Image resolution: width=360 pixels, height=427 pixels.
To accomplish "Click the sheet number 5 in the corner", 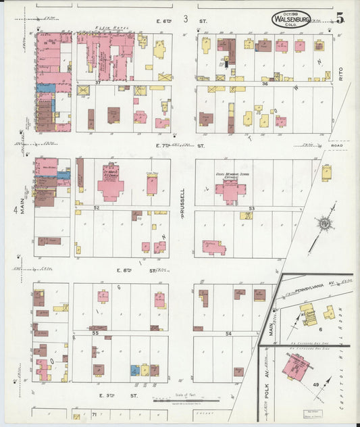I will click(x=342, y=18).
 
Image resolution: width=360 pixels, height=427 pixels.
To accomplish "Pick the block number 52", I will click(x=97, y=207).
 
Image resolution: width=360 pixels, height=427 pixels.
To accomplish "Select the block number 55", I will click(x=96, y=333).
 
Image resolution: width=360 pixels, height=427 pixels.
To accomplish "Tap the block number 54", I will click(x=228, y=334).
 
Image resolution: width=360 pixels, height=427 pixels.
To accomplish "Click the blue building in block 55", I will click(x=135, y=370).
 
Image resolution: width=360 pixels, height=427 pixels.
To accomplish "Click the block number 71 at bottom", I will click(x=95, y=413).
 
